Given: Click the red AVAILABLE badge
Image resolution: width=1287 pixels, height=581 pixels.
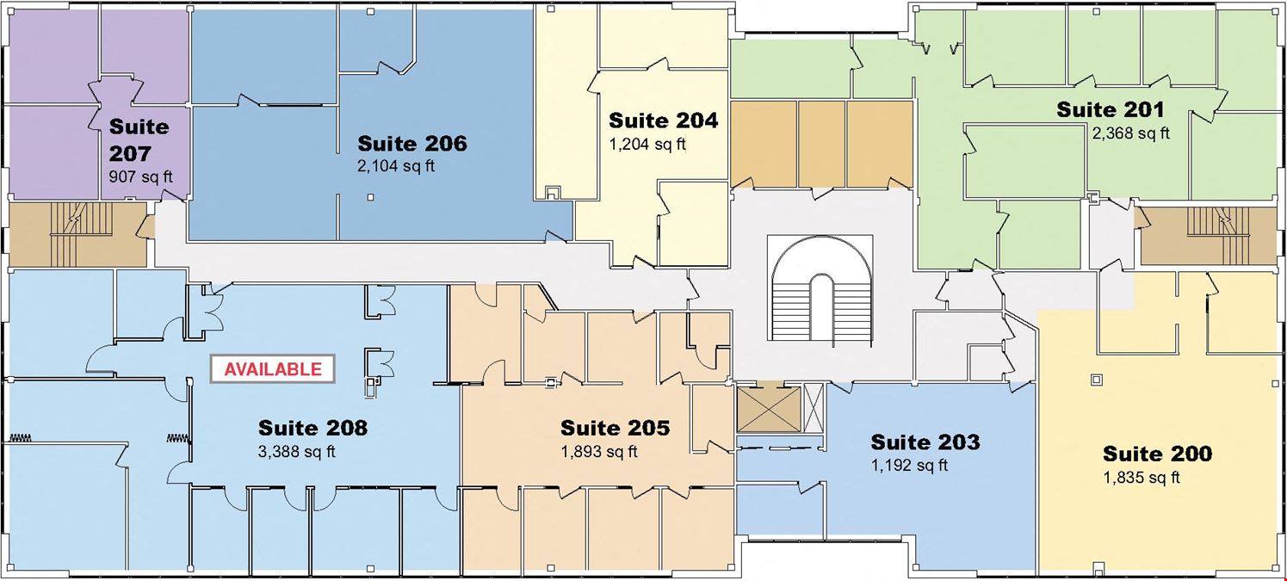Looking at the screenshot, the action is [272, 369].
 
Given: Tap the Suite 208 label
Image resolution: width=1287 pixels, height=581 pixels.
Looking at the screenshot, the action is [312, 428].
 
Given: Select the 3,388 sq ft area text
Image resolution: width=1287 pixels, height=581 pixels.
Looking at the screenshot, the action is [296, 452].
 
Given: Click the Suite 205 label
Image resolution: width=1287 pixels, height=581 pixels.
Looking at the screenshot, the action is [615, 428].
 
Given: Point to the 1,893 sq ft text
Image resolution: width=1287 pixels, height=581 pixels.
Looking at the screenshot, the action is [599, 452].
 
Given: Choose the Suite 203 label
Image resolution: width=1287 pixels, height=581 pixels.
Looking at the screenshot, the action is [925, 442].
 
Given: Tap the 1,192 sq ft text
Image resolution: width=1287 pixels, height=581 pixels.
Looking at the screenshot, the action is [910, 465].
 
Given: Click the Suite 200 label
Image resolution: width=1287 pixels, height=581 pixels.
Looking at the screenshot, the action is [1157, 454].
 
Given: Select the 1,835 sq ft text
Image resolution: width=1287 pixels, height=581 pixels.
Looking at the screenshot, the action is [1142, 478].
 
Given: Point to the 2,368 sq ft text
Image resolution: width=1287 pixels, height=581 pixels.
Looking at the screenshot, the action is [1130, 133].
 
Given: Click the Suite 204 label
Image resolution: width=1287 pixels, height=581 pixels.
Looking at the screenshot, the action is [663, 121].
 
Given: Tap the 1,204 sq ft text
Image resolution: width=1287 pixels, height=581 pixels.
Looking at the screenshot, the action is [647, 144].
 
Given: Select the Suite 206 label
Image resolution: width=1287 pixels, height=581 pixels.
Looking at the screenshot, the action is [412, 144].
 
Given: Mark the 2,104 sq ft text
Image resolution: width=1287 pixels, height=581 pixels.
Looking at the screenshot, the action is [396, 167].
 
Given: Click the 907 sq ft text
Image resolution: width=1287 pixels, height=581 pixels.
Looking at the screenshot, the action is [141, 176].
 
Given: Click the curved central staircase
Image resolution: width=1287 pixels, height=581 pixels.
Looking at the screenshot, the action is [820, 289].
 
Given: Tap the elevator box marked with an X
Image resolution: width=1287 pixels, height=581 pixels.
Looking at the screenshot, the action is [768, 410].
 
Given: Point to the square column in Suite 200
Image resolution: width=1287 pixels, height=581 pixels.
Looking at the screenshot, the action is [1097, 380].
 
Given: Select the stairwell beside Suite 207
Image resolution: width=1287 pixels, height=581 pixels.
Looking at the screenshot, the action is [77, 234].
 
